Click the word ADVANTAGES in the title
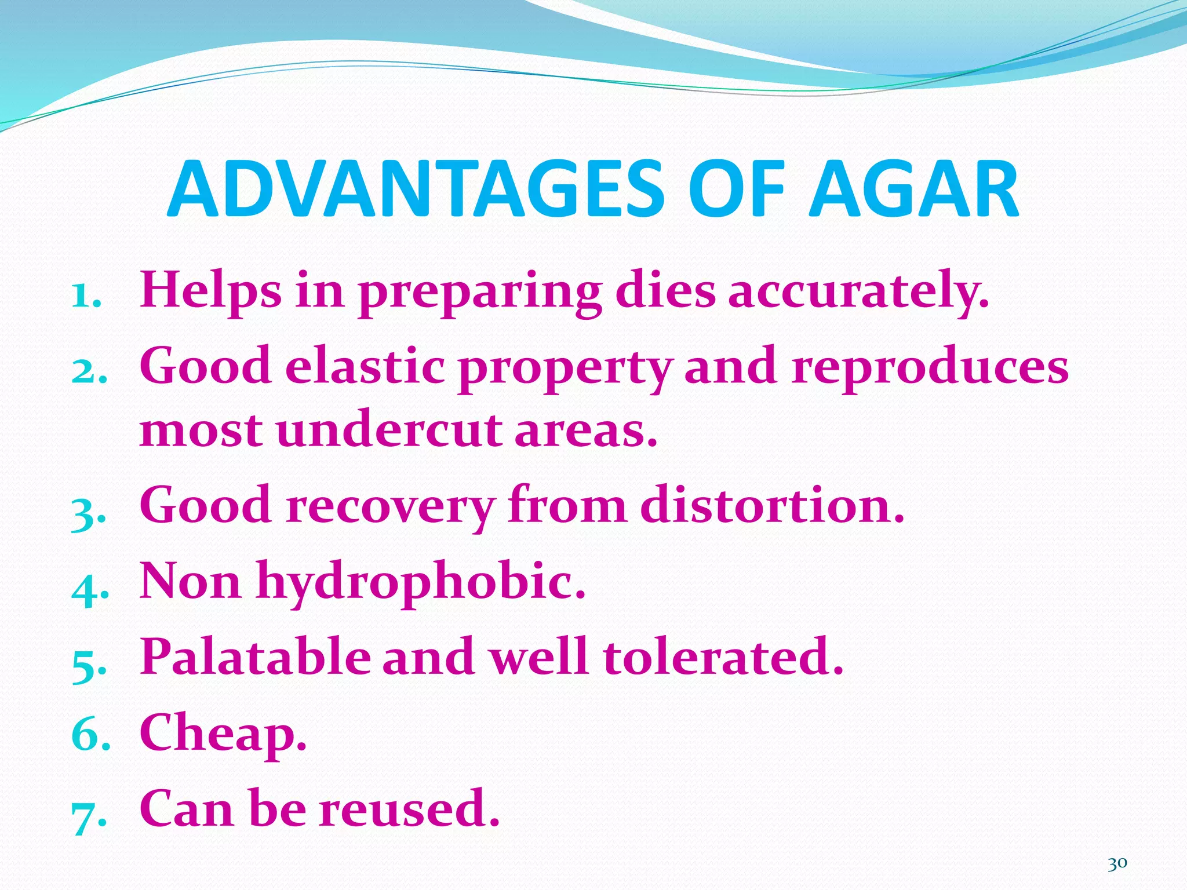point(415,189)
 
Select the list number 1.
point(85,296)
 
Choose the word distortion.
point(771,505)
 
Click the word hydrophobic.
point(421,583)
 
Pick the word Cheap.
point(223,734)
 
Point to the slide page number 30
point(1117,864)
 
